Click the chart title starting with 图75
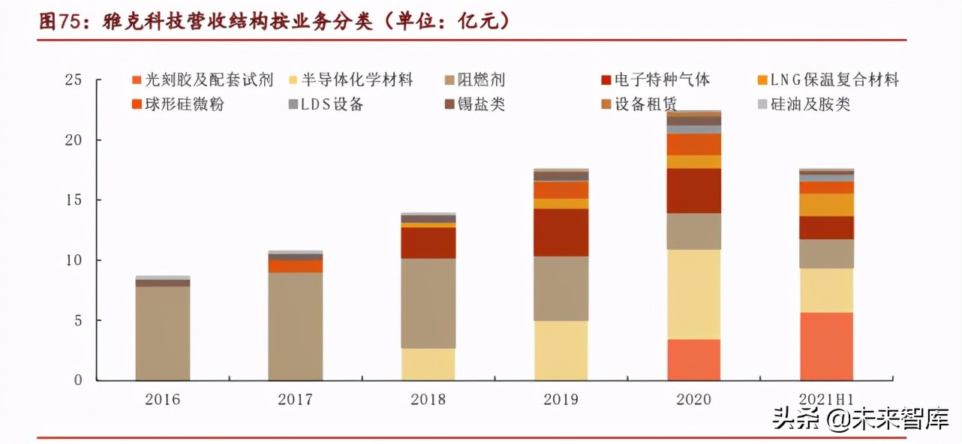(275, 22)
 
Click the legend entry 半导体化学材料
(357, 79)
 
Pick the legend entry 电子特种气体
(661, 79)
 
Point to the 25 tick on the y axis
(73, 80)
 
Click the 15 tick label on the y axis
(73, 200)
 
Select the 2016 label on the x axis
(162, 399)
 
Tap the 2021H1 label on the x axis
(826, 399)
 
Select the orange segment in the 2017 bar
(295, 266)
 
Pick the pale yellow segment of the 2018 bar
(428, 364)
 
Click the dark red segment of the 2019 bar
(561, 232)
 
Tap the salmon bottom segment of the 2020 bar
(693, 359)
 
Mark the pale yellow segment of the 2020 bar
(693, 294)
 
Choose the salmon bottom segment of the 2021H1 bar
(826, 346)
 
